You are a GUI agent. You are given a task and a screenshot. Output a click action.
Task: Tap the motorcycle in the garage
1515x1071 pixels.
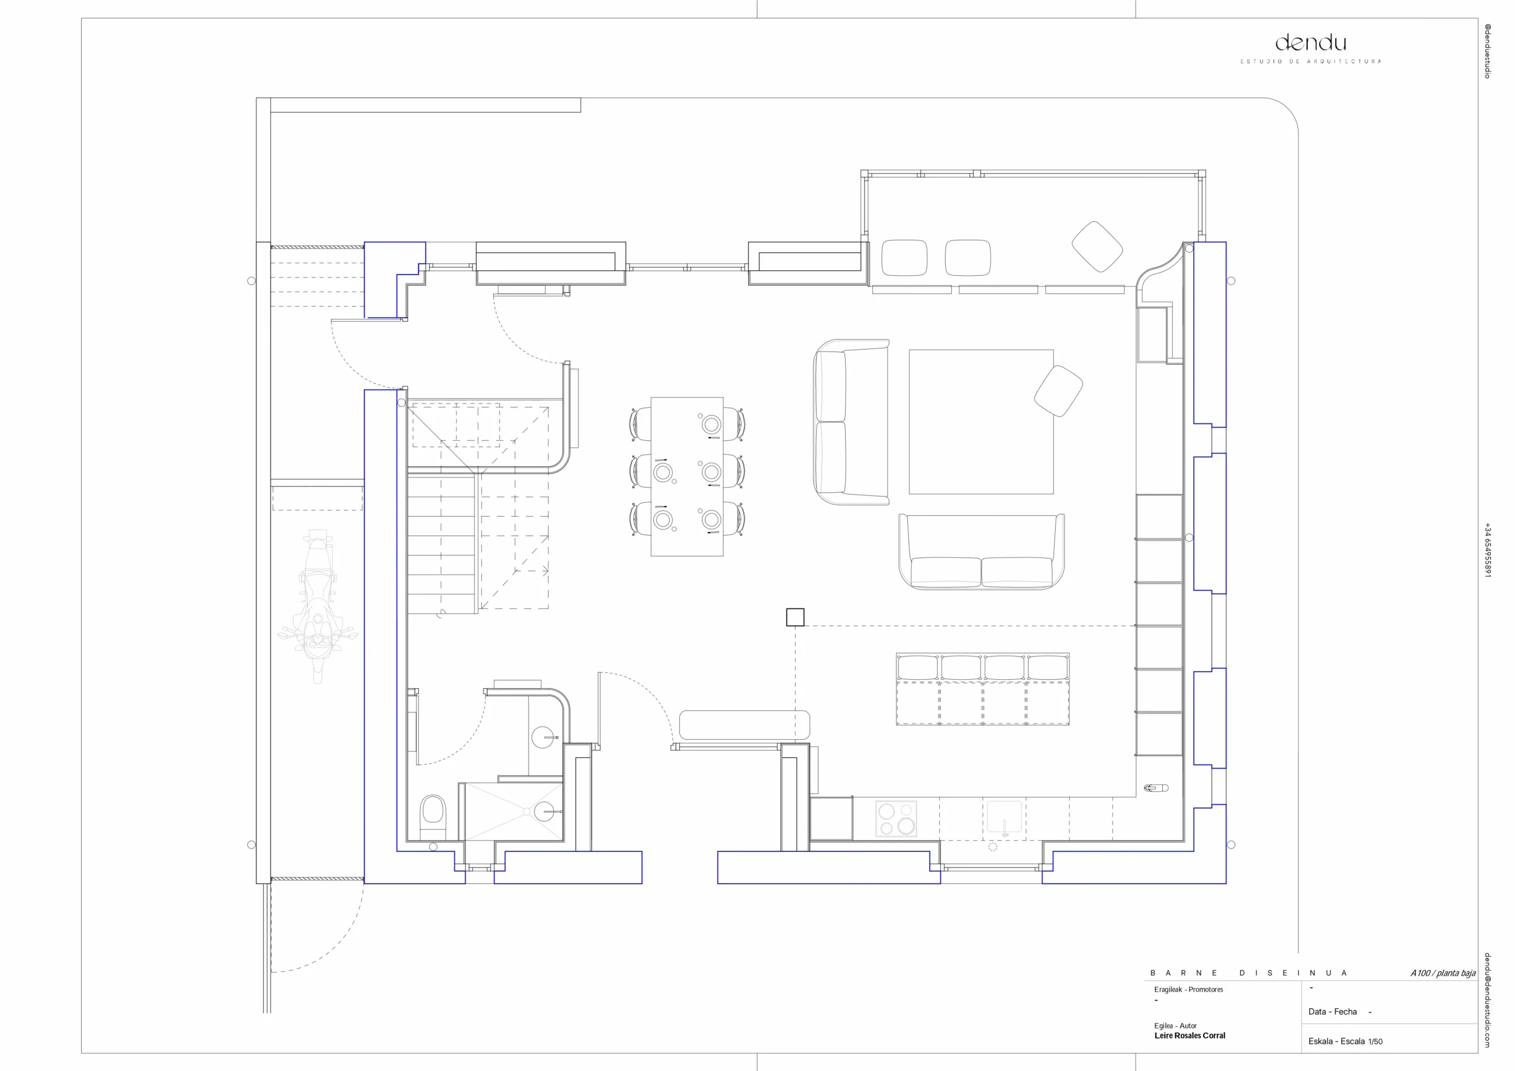point(318,606)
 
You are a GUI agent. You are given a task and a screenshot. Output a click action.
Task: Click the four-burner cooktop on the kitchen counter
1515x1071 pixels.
point(896,818)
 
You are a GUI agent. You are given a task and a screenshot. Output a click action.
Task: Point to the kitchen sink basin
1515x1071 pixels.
point(1004,817)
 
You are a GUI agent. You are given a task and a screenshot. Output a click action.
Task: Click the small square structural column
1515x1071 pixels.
point(795,617)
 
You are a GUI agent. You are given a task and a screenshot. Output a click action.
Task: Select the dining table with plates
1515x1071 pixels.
point(687,476)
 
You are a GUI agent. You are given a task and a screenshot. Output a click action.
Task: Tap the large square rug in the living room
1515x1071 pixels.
point(981,422)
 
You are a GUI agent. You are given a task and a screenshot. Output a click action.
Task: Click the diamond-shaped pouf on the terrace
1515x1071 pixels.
point(1097,246)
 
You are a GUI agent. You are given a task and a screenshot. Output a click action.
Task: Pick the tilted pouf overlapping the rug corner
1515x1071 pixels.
point(1058,391)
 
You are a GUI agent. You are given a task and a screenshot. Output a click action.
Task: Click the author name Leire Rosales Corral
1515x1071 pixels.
point(1190,1035)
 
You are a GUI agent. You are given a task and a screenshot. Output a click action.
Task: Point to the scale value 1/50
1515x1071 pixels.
point(1375,1041)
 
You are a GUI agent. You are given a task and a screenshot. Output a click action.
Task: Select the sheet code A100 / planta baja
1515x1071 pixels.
point(1443,973)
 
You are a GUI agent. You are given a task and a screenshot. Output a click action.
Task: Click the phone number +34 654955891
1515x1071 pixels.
point(1488,550)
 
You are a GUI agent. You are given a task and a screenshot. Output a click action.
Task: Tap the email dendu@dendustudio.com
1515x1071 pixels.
point(1488,1000)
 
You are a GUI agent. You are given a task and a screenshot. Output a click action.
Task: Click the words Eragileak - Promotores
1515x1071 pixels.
point(1188,989)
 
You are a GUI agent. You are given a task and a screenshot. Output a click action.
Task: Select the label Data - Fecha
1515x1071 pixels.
point(1333,1012)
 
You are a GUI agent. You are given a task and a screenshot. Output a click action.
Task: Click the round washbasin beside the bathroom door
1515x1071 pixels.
point(543,737)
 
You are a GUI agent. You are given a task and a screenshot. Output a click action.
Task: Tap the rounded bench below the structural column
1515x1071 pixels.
point(744,725)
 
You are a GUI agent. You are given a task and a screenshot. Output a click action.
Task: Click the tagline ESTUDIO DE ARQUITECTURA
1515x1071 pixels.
point(1310,62)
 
